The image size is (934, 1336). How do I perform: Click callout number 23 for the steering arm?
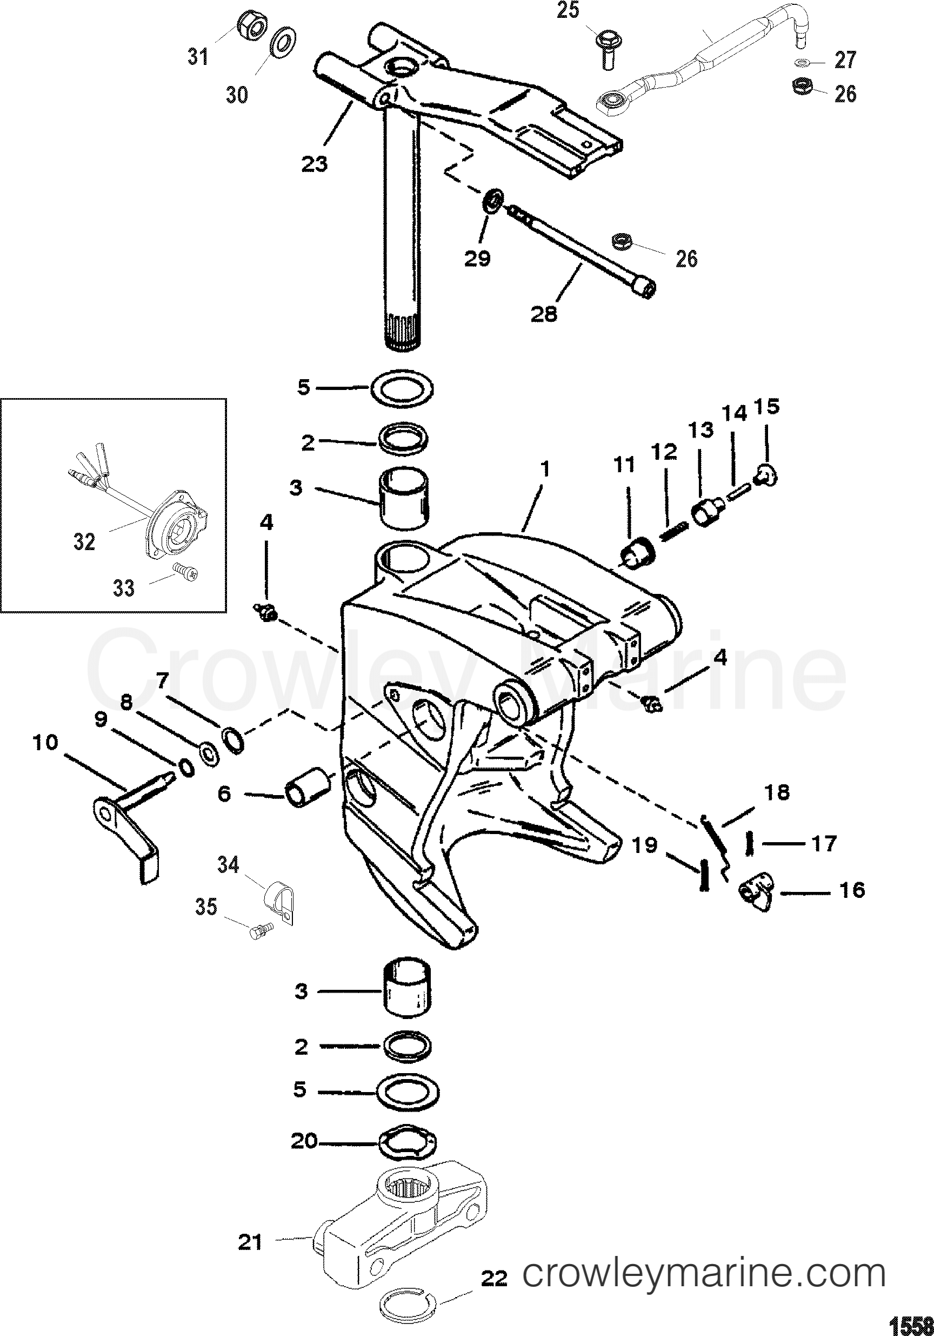pyautogui.click(x=315, y=163)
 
